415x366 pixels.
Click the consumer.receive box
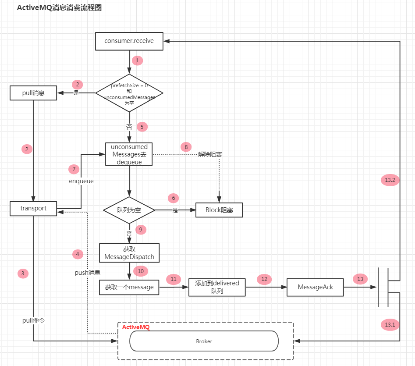(129, 41)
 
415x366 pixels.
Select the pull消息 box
(33, 93)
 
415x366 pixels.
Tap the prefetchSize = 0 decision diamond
(129, 93)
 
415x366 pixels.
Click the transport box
(33, 208)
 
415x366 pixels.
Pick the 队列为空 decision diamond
(129, 210)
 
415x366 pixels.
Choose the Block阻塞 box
(219, 210)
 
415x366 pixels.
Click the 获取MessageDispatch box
(129, 252)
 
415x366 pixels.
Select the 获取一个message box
(129, 288)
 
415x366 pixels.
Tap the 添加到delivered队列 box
(217, 287)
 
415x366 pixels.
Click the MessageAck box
(316, 287)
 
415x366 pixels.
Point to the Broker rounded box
(204, 341)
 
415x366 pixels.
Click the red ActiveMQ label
(135, 327)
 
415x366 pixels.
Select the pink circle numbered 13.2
(390, 180)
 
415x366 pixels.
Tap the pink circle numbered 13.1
(390, 325)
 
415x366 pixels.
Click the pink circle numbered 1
(137, 60)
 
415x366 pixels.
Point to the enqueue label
(81, 181)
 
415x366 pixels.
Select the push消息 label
(87, 273)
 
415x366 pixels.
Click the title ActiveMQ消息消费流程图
(59, 8)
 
